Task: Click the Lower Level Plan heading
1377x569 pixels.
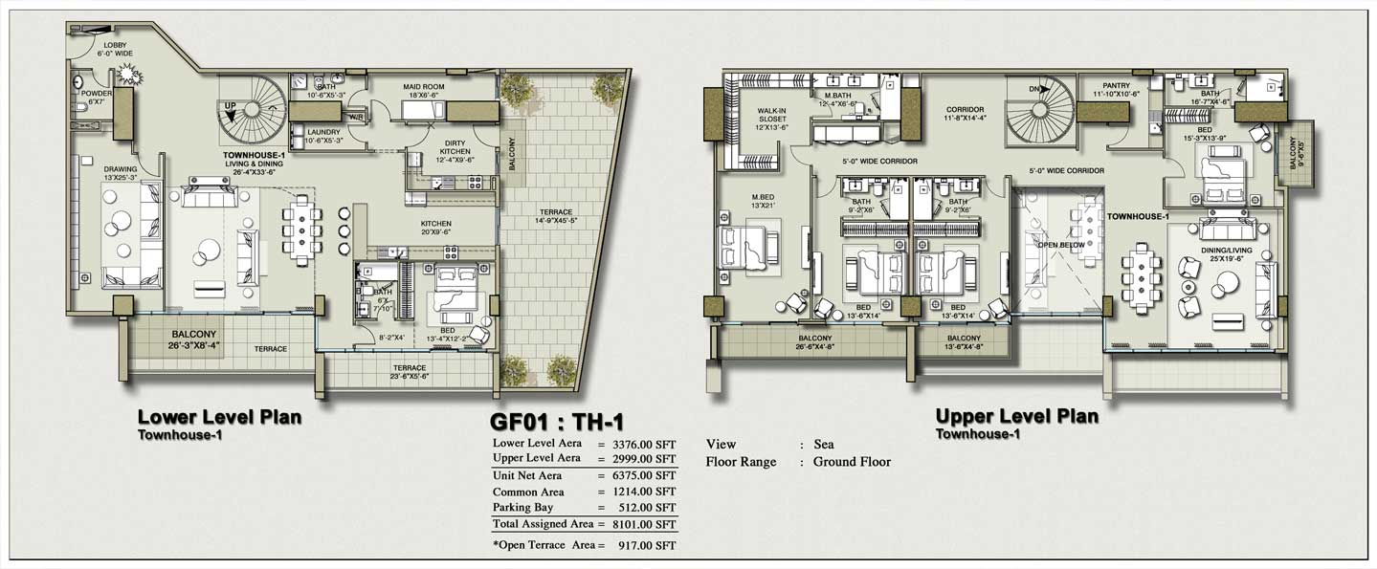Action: click(220, 417)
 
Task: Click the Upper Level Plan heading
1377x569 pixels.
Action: click(1016, 417)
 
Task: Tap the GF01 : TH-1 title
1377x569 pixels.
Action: click(557, 421)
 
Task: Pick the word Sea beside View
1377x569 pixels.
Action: click(823, 444)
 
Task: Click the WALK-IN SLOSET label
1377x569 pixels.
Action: click(771, 116)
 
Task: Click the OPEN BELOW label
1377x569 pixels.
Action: click(1058, 244)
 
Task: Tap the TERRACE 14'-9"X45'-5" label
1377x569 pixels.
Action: click(555, 217)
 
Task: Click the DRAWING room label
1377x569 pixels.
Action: click(121, 173)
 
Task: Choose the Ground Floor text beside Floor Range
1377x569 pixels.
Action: click(852, 462)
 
